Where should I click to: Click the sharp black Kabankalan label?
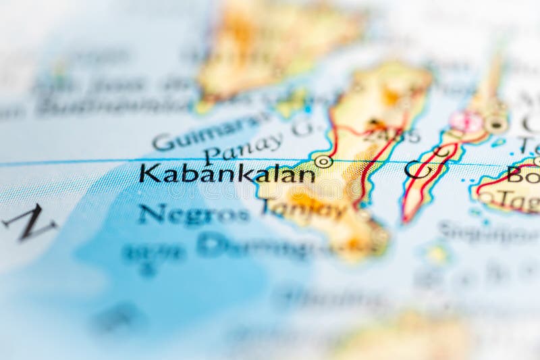point(227,174)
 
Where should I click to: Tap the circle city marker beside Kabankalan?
point(323,161)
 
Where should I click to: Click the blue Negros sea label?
point(193,214)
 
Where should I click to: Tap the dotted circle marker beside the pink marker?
point(496,123)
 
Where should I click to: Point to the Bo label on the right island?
point(522,175)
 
